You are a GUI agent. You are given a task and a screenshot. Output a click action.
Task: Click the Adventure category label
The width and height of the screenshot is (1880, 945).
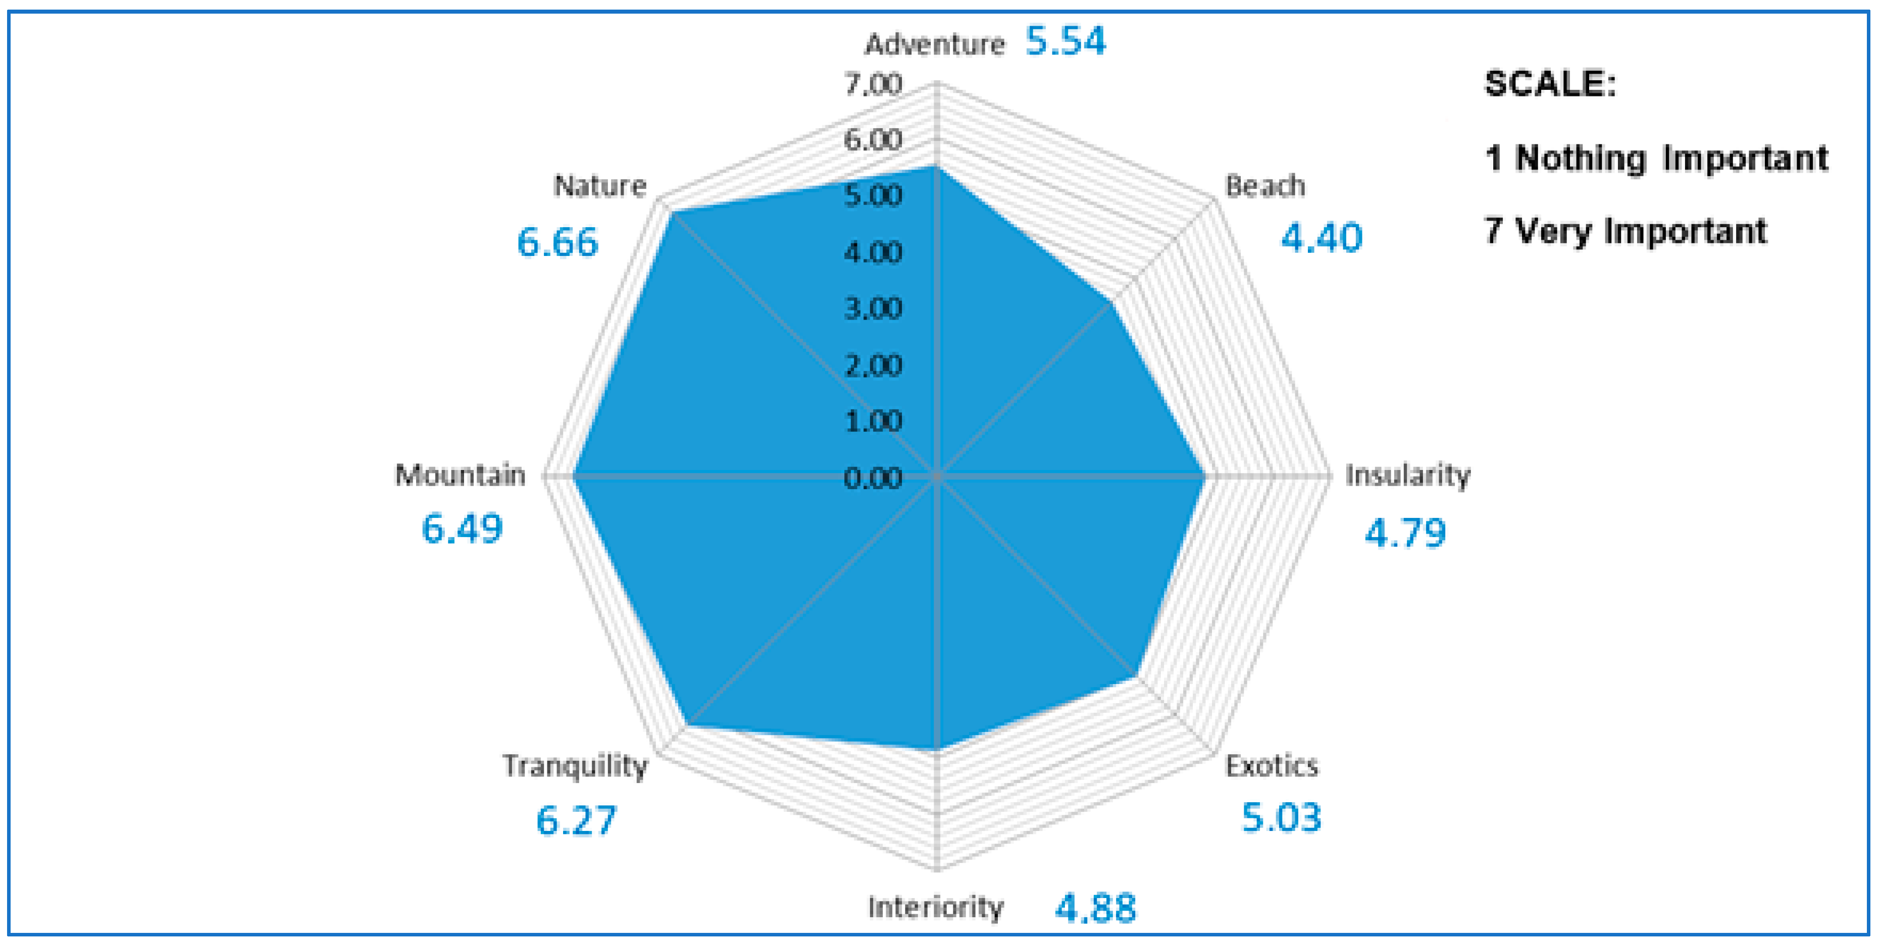tap(934, 45)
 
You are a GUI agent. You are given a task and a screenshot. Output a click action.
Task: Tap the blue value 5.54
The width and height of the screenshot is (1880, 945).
tap(1065, 41)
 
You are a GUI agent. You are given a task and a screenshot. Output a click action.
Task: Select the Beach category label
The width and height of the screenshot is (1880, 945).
tap(1265, 186)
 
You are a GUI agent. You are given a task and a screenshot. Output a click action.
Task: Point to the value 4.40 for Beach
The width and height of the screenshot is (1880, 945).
tap(1322, 238)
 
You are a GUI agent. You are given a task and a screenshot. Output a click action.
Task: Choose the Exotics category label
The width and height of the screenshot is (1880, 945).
tap(1272, 766)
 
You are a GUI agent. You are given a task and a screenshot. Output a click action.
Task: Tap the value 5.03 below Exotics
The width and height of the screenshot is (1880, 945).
tap(1282, 817)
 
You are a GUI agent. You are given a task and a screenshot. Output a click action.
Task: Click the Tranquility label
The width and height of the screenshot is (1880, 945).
tap(574, 766)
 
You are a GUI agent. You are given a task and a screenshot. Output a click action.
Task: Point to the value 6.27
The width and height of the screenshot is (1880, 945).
tap(576, 820)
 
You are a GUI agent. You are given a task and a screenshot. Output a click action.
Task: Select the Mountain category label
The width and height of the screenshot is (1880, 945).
tap(460, 475)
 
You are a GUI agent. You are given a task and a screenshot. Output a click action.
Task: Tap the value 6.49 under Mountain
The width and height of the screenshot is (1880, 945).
tap(462, 529)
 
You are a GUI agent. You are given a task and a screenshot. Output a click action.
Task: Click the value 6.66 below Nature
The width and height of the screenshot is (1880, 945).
tap(557, 242)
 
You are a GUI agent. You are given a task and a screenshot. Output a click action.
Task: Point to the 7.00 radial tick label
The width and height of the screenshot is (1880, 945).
tap(873, 85)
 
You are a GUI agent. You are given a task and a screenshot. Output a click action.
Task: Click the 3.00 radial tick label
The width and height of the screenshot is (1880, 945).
tap(873, 308)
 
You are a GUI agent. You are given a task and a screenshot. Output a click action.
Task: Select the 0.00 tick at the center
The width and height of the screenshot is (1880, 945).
tap(873, 479)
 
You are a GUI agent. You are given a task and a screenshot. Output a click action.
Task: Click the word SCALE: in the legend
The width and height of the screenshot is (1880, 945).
tap(1550, 84)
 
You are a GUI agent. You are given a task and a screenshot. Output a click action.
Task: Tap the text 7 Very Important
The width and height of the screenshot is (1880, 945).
tap(1625, 231)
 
